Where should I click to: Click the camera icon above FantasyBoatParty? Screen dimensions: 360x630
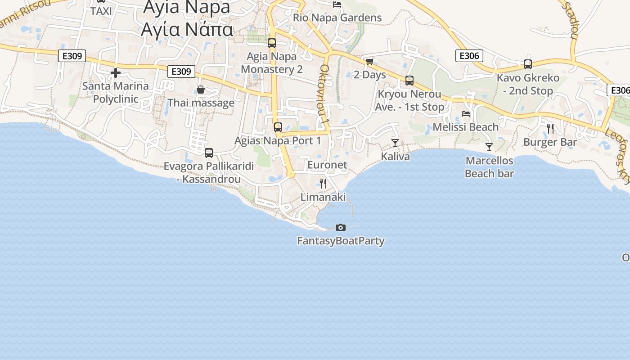[x=341, y=227]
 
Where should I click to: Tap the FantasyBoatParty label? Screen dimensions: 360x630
[x=341, y=241]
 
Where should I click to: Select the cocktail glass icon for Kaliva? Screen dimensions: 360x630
[x=395, y=143]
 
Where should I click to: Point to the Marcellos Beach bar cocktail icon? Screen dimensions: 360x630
[x=489, y=147]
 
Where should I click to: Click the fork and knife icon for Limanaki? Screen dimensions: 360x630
[x=323, y=183]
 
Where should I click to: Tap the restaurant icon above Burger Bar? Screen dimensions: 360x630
[x=550, y=129]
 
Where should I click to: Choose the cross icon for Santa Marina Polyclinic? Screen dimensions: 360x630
[x=116, y=72]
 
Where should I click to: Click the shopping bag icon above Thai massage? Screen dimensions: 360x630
[x=201, y=90]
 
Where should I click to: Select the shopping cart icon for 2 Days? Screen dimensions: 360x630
[x=369, y=61]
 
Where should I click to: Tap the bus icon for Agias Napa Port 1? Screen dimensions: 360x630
[x=278, y=127]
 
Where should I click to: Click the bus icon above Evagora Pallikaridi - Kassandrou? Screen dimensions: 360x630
[x=208, y=153]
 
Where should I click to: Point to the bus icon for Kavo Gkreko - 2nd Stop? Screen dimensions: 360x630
[x=527, y=64]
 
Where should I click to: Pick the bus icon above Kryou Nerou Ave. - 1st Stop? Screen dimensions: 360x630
[x=409, y=81]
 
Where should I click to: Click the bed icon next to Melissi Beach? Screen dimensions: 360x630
[x=466, y=114]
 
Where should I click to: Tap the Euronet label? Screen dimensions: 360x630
[x=327, y=165]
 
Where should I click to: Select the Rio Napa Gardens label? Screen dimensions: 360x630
[x=337, y=18]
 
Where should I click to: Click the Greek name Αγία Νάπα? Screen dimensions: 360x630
[x=187, y=29]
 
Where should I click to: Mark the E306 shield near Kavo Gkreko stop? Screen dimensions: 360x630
[x=469, y=56]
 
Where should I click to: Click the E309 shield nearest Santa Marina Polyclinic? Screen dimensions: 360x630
[x=72, y=56]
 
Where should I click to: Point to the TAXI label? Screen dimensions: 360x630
[x=101, y=11]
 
